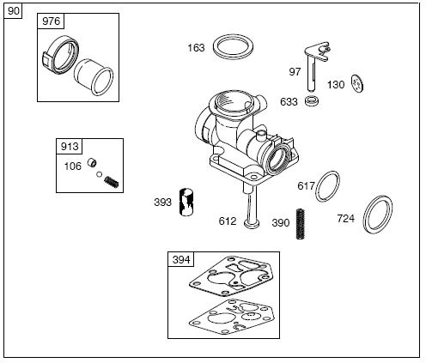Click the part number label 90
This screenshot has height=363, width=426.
13,11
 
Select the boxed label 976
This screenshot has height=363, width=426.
51,21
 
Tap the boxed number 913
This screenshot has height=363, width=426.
70,146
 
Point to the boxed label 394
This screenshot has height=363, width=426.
181,259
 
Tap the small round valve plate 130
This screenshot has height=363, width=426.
357,83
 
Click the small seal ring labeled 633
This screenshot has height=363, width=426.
312,100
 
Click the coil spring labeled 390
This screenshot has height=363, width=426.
301,224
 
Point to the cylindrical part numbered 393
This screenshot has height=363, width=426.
186,202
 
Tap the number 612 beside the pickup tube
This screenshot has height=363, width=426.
228,221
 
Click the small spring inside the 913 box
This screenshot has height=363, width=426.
112,182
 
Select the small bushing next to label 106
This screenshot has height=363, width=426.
92,162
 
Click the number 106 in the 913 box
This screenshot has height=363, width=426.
73,166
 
